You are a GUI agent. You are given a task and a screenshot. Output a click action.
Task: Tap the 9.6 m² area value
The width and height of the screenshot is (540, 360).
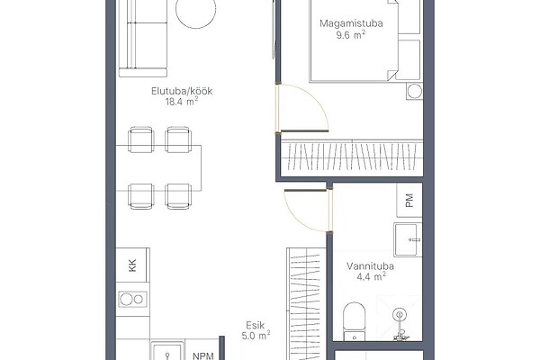pos(350,35)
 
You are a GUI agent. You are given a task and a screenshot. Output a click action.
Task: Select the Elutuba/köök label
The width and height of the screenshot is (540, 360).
pos(182,91)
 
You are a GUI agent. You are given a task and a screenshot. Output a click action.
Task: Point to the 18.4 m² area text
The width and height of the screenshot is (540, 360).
pos(182,102)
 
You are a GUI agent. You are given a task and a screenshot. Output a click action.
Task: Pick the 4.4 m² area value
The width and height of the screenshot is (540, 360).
pos(371,276)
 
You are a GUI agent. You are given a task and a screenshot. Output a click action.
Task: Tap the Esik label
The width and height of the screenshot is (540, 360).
pos(256,325)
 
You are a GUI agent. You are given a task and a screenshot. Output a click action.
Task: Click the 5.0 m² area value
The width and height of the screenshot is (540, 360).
pos(256,335)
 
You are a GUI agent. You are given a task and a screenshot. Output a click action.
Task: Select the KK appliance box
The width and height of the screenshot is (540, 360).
pos(132,265)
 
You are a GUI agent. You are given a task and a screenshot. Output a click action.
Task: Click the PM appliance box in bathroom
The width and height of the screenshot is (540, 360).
pos(409,200)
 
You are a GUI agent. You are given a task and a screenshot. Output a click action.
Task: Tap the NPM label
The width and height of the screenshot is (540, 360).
pos(203,355)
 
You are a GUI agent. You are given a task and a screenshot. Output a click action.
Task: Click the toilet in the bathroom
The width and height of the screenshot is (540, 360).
pos(355,321)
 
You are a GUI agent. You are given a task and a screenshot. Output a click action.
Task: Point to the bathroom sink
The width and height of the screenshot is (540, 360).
pos(408,239)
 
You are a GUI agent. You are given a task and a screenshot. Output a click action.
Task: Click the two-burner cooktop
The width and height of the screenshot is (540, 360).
pos(132,300)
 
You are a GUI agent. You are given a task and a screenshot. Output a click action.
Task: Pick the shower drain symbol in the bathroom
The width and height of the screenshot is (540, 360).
pos(400,314)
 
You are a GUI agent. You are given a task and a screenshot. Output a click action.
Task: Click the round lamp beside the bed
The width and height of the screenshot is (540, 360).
pos(414,91)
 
